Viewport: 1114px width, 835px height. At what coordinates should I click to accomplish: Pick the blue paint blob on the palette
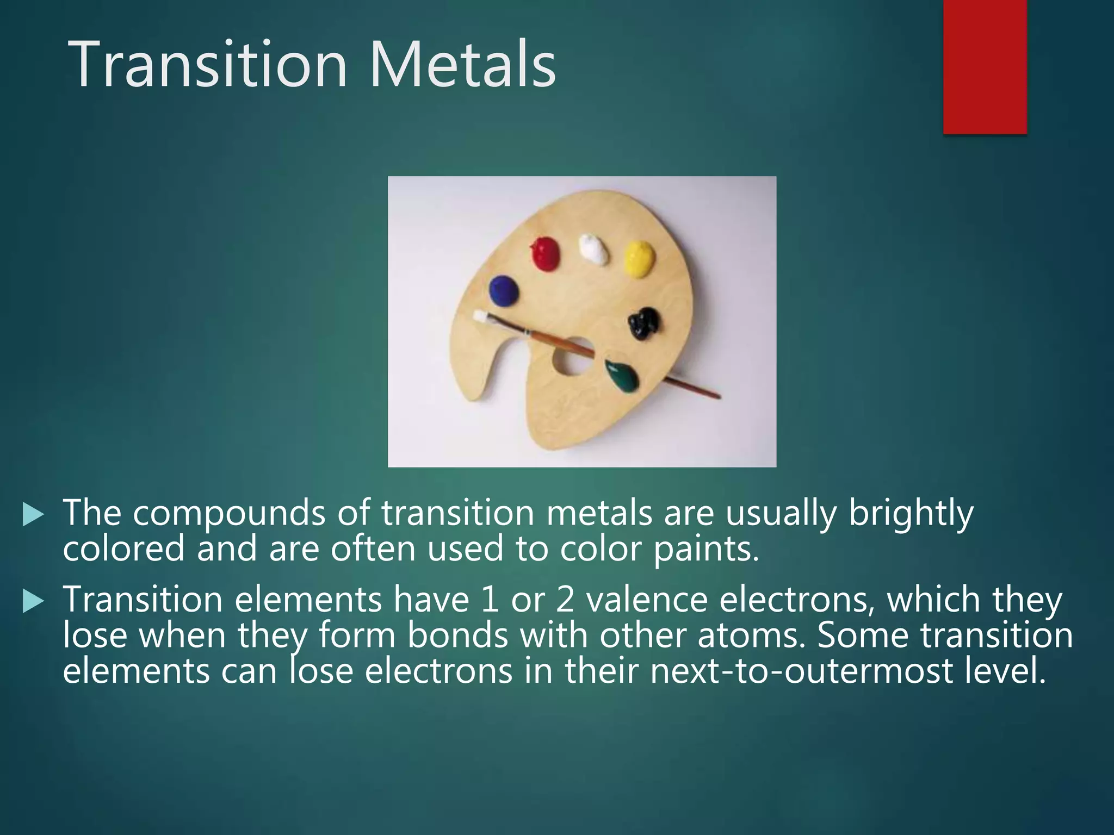(504, 290)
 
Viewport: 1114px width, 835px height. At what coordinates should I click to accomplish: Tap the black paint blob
(645, 323)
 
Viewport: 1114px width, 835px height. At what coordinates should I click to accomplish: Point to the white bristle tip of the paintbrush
(481, 316)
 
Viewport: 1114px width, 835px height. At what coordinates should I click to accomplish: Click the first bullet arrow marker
(33, 514)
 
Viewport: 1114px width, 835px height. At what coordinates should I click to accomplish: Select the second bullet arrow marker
(33, 602)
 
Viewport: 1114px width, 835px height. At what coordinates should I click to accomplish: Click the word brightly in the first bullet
(910, 513)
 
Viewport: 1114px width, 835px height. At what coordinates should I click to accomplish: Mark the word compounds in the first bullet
(228, 514)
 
